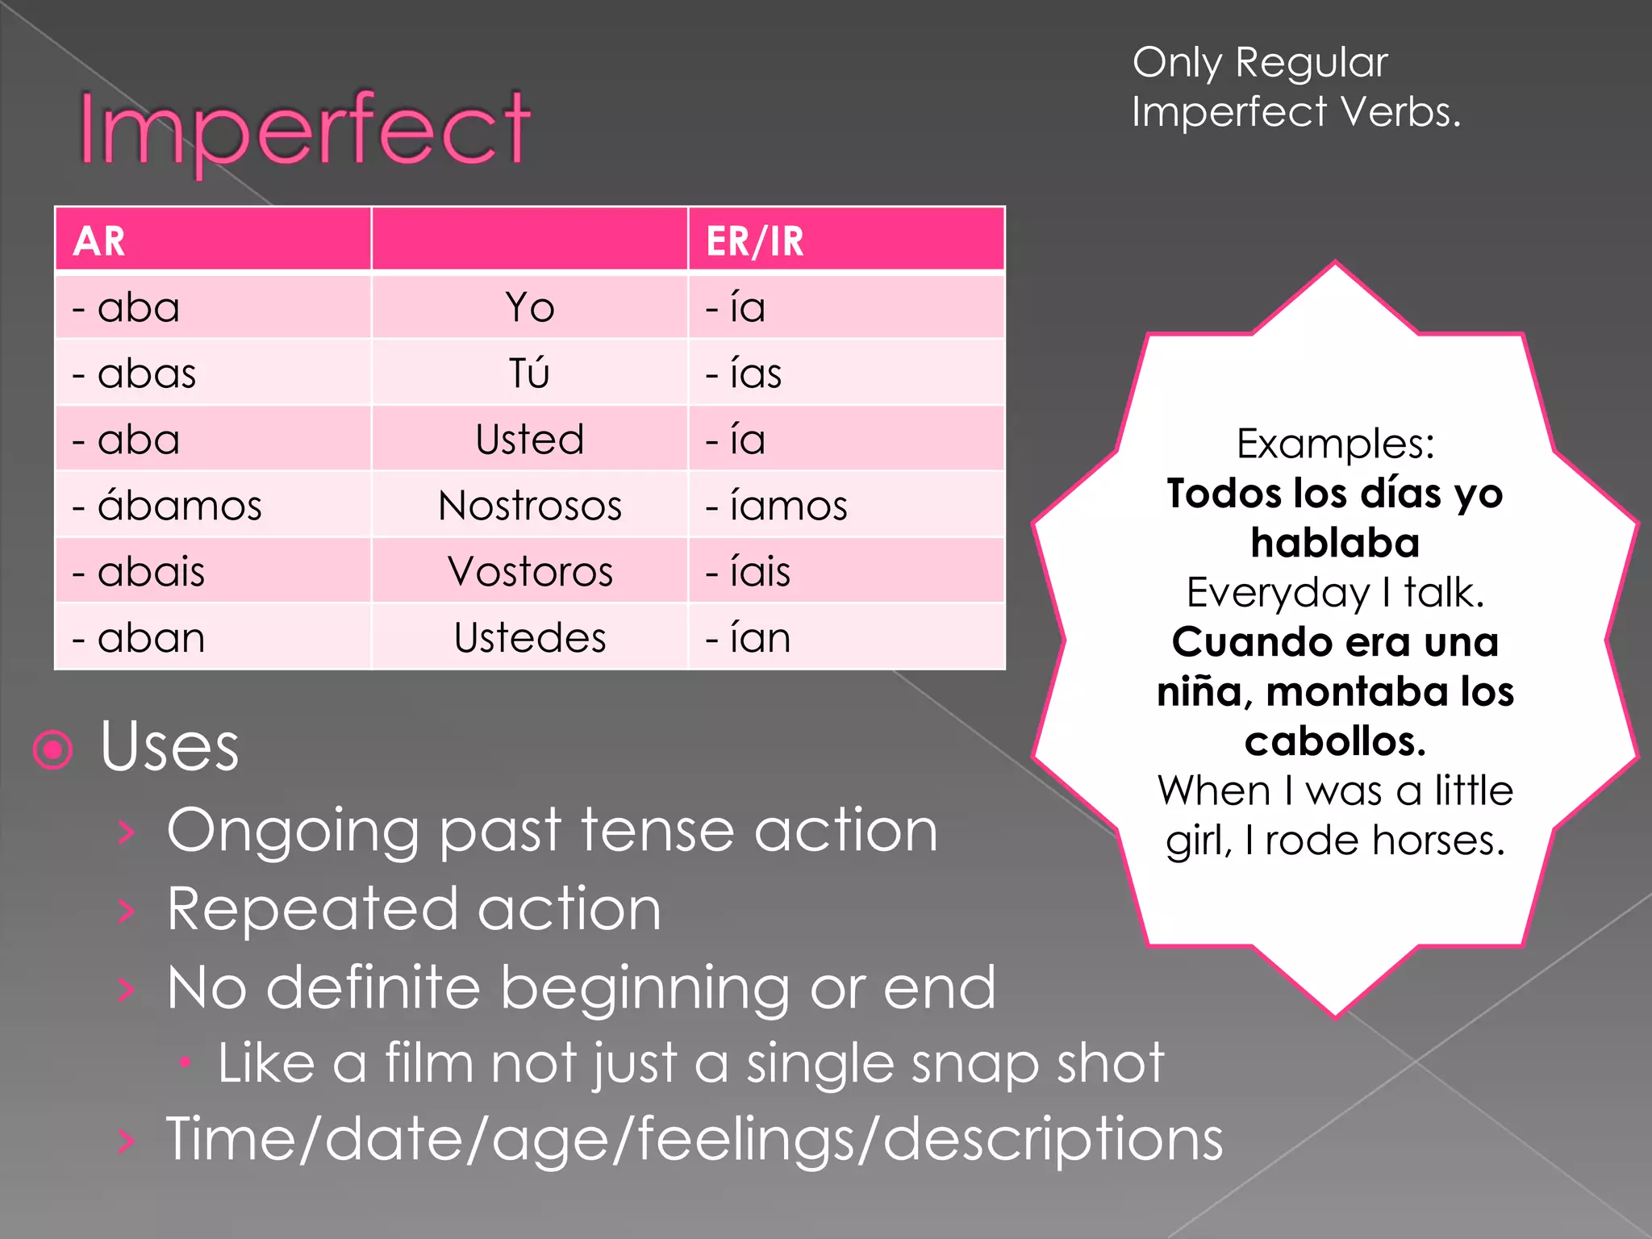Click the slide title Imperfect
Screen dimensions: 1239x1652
[x=304, y=129]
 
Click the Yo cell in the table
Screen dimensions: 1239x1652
[x=530, y=307]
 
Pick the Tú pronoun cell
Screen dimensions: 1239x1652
[x=530, y=373]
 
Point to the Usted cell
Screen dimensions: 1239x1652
[x=530, y=440]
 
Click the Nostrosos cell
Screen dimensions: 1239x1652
[x=530, y=506]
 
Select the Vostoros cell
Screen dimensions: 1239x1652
[x=530, y=572]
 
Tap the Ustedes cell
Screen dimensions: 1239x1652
[x=530, y=638]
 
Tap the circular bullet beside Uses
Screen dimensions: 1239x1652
[x=53, y=750]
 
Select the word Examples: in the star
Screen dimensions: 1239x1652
[x=1335, y=444]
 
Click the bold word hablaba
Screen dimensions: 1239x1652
[x=1335, y=543]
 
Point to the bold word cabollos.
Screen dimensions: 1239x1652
[x=1335, y=741]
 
